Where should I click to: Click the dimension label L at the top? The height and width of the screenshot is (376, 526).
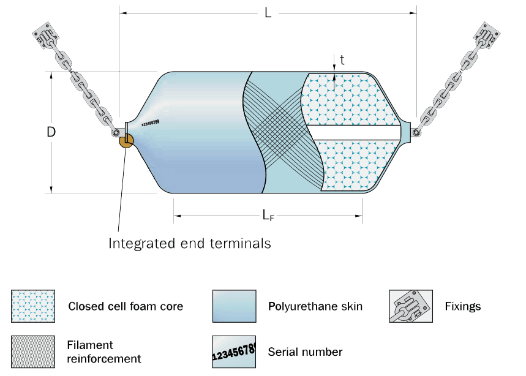click(x=268, y=13)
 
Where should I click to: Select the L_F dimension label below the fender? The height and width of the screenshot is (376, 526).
click(x=268, y=215)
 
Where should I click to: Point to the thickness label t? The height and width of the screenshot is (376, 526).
click(x=342, y=59)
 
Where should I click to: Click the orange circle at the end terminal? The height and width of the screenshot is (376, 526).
click(x=126, y=141)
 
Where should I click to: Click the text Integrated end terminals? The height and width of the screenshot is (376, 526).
click(x=190, y=243)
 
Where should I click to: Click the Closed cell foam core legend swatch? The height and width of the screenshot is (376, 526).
click(x=33, y=306)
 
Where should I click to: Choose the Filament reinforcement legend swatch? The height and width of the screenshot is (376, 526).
click(x=33, y=351)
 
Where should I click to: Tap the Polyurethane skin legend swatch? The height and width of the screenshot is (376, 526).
click(x=234, y=306)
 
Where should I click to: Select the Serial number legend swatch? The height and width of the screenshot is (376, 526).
click(x=234, y=351)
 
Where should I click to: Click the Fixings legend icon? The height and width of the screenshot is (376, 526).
click(x=410, y=306)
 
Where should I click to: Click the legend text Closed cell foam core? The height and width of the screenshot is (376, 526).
click(x=126, y=306)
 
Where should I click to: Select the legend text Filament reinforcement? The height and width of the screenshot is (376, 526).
click(x=104, y=352)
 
